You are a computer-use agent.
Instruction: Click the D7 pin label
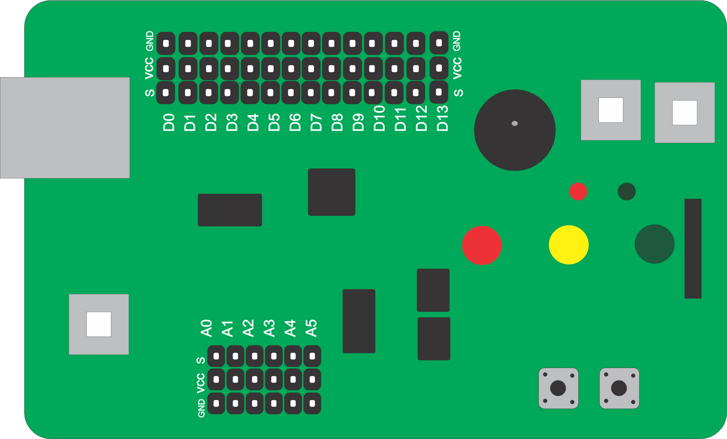(x=316, y=122)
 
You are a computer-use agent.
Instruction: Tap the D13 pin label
(x=443, y=118)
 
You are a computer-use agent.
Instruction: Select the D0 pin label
(x=169, y=122)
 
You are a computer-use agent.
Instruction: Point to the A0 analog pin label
(x=207, y=328)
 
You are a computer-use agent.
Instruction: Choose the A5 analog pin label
(x=311, y=328)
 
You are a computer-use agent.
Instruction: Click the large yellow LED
(x=568, y=245)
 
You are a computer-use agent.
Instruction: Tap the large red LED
(x=482, y=245)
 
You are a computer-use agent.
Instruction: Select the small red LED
(x=578, y=191)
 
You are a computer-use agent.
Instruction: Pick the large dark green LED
(x=654, y=244)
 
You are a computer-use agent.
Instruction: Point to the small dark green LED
(x=626, y=191)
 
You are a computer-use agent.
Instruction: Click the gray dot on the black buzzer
(x=515, y=123)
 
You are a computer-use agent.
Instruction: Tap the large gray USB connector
(x=65, y=128)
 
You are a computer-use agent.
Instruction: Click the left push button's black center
(x=558, y=388)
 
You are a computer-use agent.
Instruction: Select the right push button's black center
(x=619, y=388)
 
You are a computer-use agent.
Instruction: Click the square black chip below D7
(x=332, y=192)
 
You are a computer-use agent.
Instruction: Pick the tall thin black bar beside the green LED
(x=693, y=248)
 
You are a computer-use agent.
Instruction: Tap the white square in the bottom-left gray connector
(x=99, y=324)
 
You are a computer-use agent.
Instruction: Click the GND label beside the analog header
(x=202, y=408)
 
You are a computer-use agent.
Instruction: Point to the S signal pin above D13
(x=439, y=92)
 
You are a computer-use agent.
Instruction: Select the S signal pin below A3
(x=274, y=356)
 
